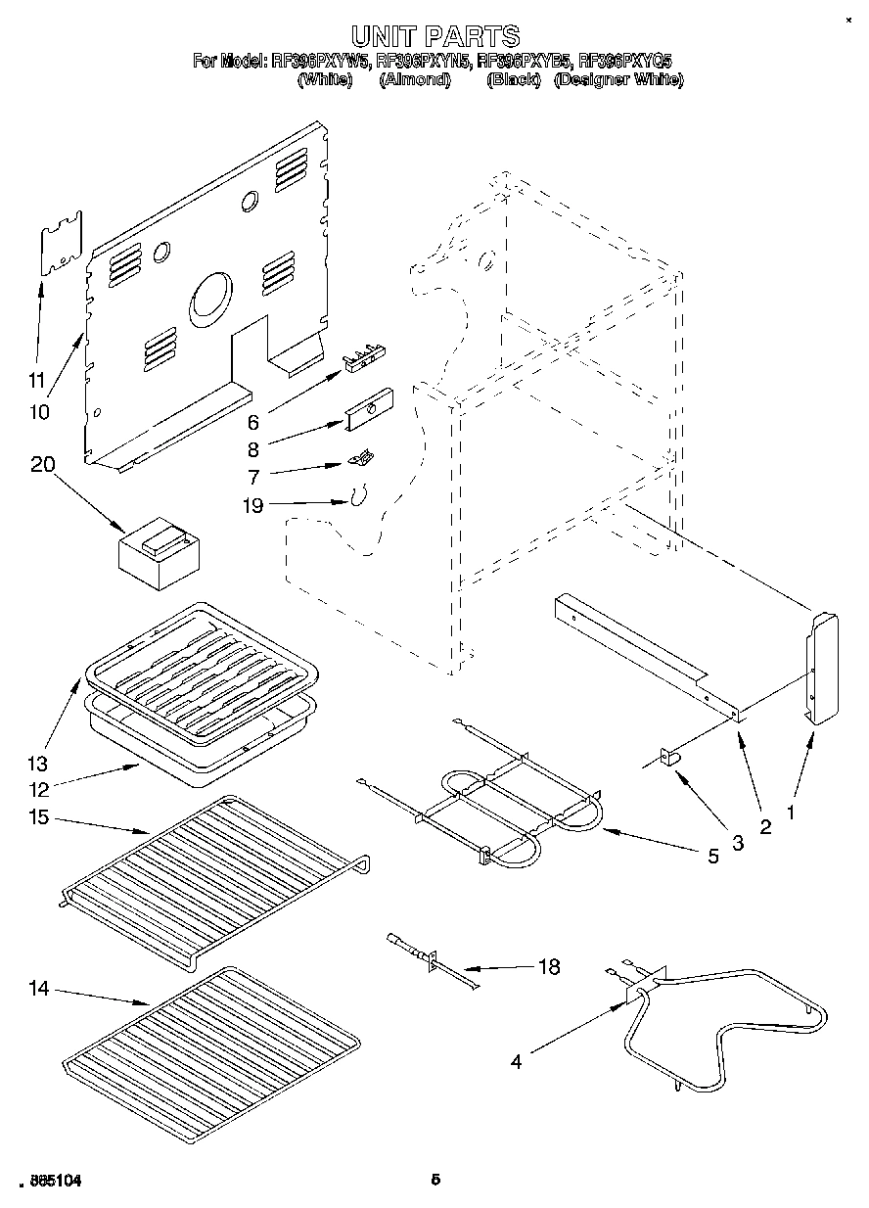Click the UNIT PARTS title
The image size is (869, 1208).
coord(435,37)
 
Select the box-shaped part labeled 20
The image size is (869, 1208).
coord(157,556)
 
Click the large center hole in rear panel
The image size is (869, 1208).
coord(212,299)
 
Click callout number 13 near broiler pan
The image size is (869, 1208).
coord(37,763)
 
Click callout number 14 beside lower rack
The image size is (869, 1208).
coord(38,991)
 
